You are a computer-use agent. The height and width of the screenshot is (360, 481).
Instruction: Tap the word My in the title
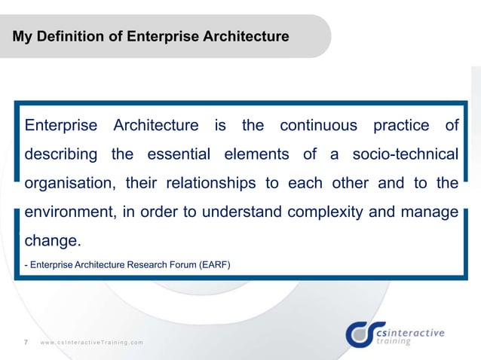[x=23, y=35]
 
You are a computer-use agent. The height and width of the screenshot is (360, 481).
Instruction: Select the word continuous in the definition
[x=320, y=125]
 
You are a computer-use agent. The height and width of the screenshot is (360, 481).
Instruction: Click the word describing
[x=61, y=154]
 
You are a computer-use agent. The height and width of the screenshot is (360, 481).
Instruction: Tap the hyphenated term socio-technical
[x=403, y=154]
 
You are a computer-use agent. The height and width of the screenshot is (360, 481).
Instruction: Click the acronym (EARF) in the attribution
[x=216, y=264]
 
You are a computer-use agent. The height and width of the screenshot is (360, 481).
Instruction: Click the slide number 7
[x=26, y=343]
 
